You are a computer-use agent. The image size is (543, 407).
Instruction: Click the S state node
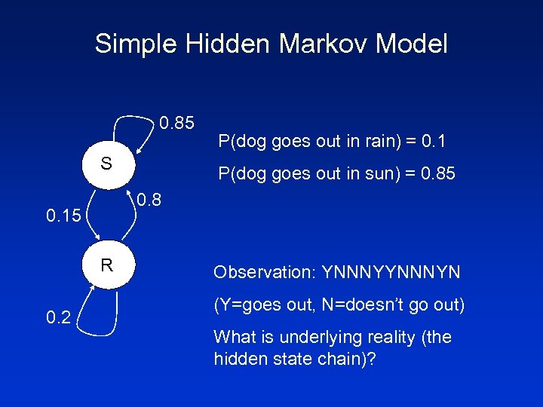click(106, 164)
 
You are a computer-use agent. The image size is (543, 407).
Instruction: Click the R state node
click(106, 265)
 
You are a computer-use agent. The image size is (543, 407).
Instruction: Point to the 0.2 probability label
click(58, 318)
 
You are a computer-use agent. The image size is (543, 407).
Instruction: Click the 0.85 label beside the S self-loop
click(177, 122)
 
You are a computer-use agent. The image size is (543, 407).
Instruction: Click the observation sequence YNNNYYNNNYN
click(391, 271)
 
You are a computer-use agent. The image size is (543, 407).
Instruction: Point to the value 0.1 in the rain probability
click(434, 141)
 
